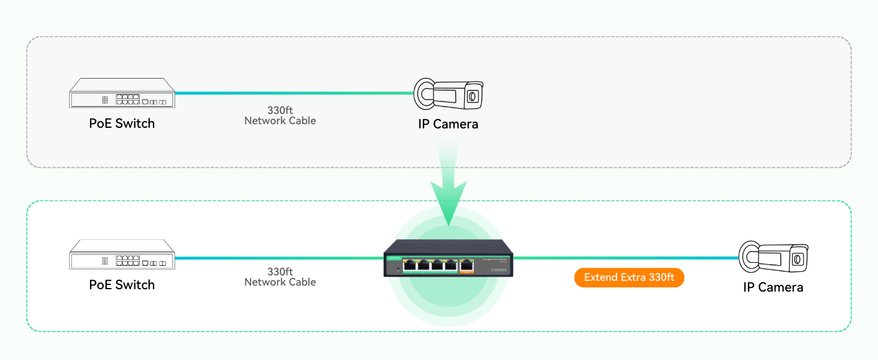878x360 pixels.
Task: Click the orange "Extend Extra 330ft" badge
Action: pos(629,278)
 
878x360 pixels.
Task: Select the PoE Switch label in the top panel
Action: pos(122,124)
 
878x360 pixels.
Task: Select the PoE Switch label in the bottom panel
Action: pos(122,285)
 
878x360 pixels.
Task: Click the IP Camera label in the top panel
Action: pos(448,124)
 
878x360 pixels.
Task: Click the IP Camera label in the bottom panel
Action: pos(773,287)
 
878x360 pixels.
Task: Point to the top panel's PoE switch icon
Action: pos(122,94)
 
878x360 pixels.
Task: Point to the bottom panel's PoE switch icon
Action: pos(122,255)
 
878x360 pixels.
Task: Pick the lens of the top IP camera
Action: pos(473,95)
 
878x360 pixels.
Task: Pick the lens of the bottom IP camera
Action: pos(798,259)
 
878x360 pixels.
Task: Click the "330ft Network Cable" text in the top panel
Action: pos(280,116)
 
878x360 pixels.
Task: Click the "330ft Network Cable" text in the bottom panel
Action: pos(280,277)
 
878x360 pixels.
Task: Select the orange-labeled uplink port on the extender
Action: pos(467,265)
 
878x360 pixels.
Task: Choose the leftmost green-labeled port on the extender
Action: pos(411,264)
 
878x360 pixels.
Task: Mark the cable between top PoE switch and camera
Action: pos(294,93)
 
